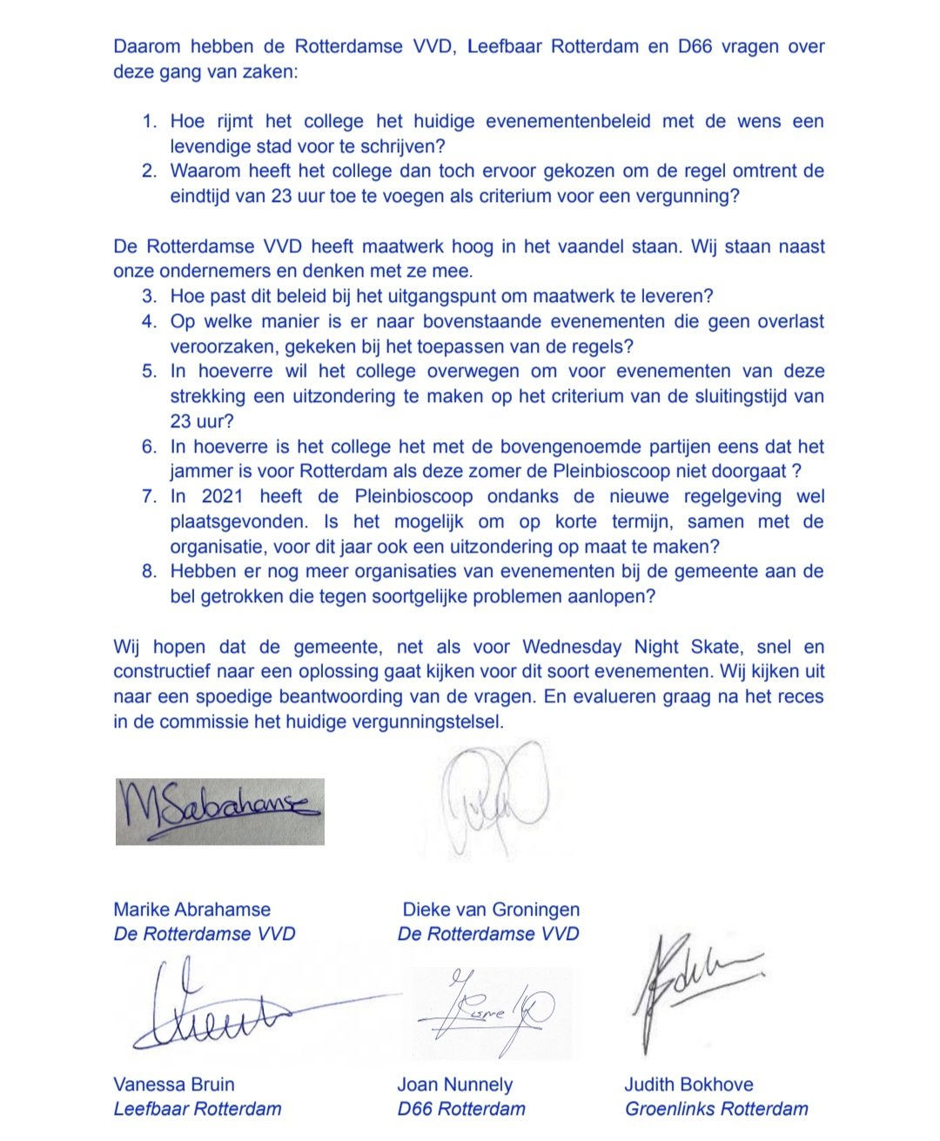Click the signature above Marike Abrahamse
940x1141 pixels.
pyautogui.click(x=219, y=811)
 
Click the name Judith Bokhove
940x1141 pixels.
pyautogui.click(x=688, y=1084)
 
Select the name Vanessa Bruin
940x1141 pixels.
pyautogui.click(x=174, y=1084)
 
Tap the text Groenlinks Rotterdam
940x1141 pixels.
pyautogui.click(x=716, y=1109)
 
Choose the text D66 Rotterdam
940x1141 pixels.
pyautogui.click(x=461, y=1109)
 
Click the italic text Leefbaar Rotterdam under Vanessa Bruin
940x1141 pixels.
pyautogui.click(x=198, y=1109)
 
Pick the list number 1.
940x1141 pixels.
pyautogui.click(x=150, y=121)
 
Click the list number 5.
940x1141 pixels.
pyautogui.click(x=150, y=372)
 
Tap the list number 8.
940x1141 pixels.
pyautogui.click(x=150, y=572)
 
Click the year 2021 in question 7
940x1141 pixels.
pyautogui.click(x=223, y=497)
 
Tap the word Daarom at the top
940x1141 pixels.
pyautogui.click(x=148, y=46)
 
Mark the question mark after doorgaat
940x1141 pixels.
pyautogui.click(x=796, y=472)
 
